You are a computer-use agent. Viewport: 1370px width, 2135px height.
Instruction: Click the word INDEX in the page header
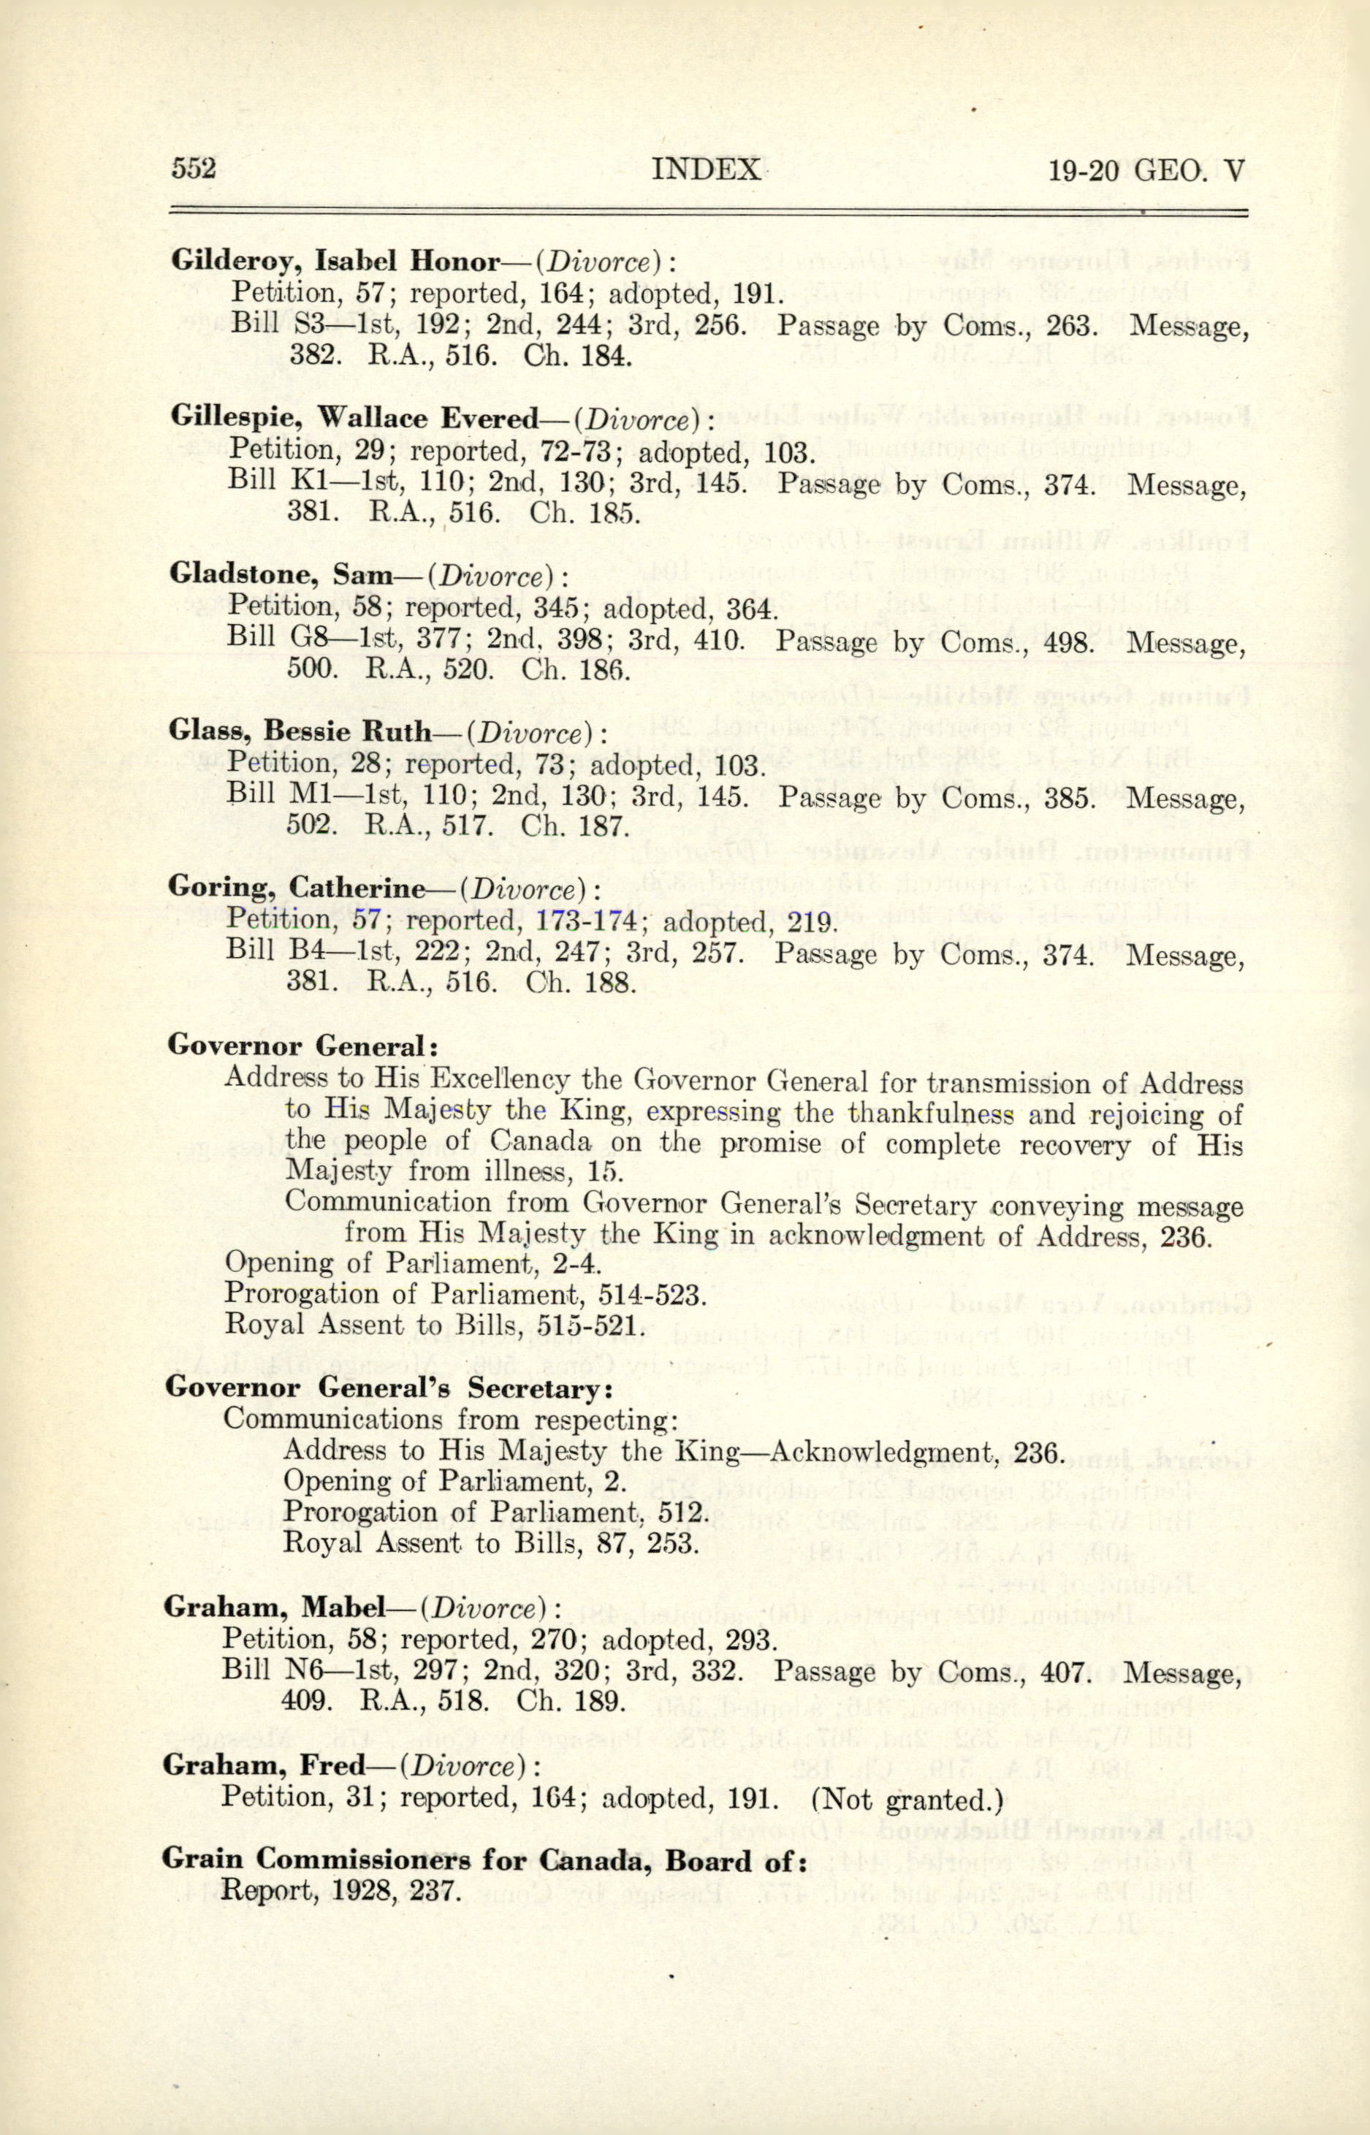click(706, 169)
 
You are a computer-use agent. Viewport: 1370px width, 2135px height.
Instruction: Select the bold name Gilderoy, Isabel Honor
click(335, 261)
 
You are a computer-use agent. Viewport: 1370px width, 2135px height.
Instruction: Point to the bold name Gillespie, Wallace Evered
click(353, 417)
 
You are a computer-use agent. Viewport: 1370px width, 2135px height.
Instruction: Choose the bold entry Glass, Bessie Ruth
click(300, 731)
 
